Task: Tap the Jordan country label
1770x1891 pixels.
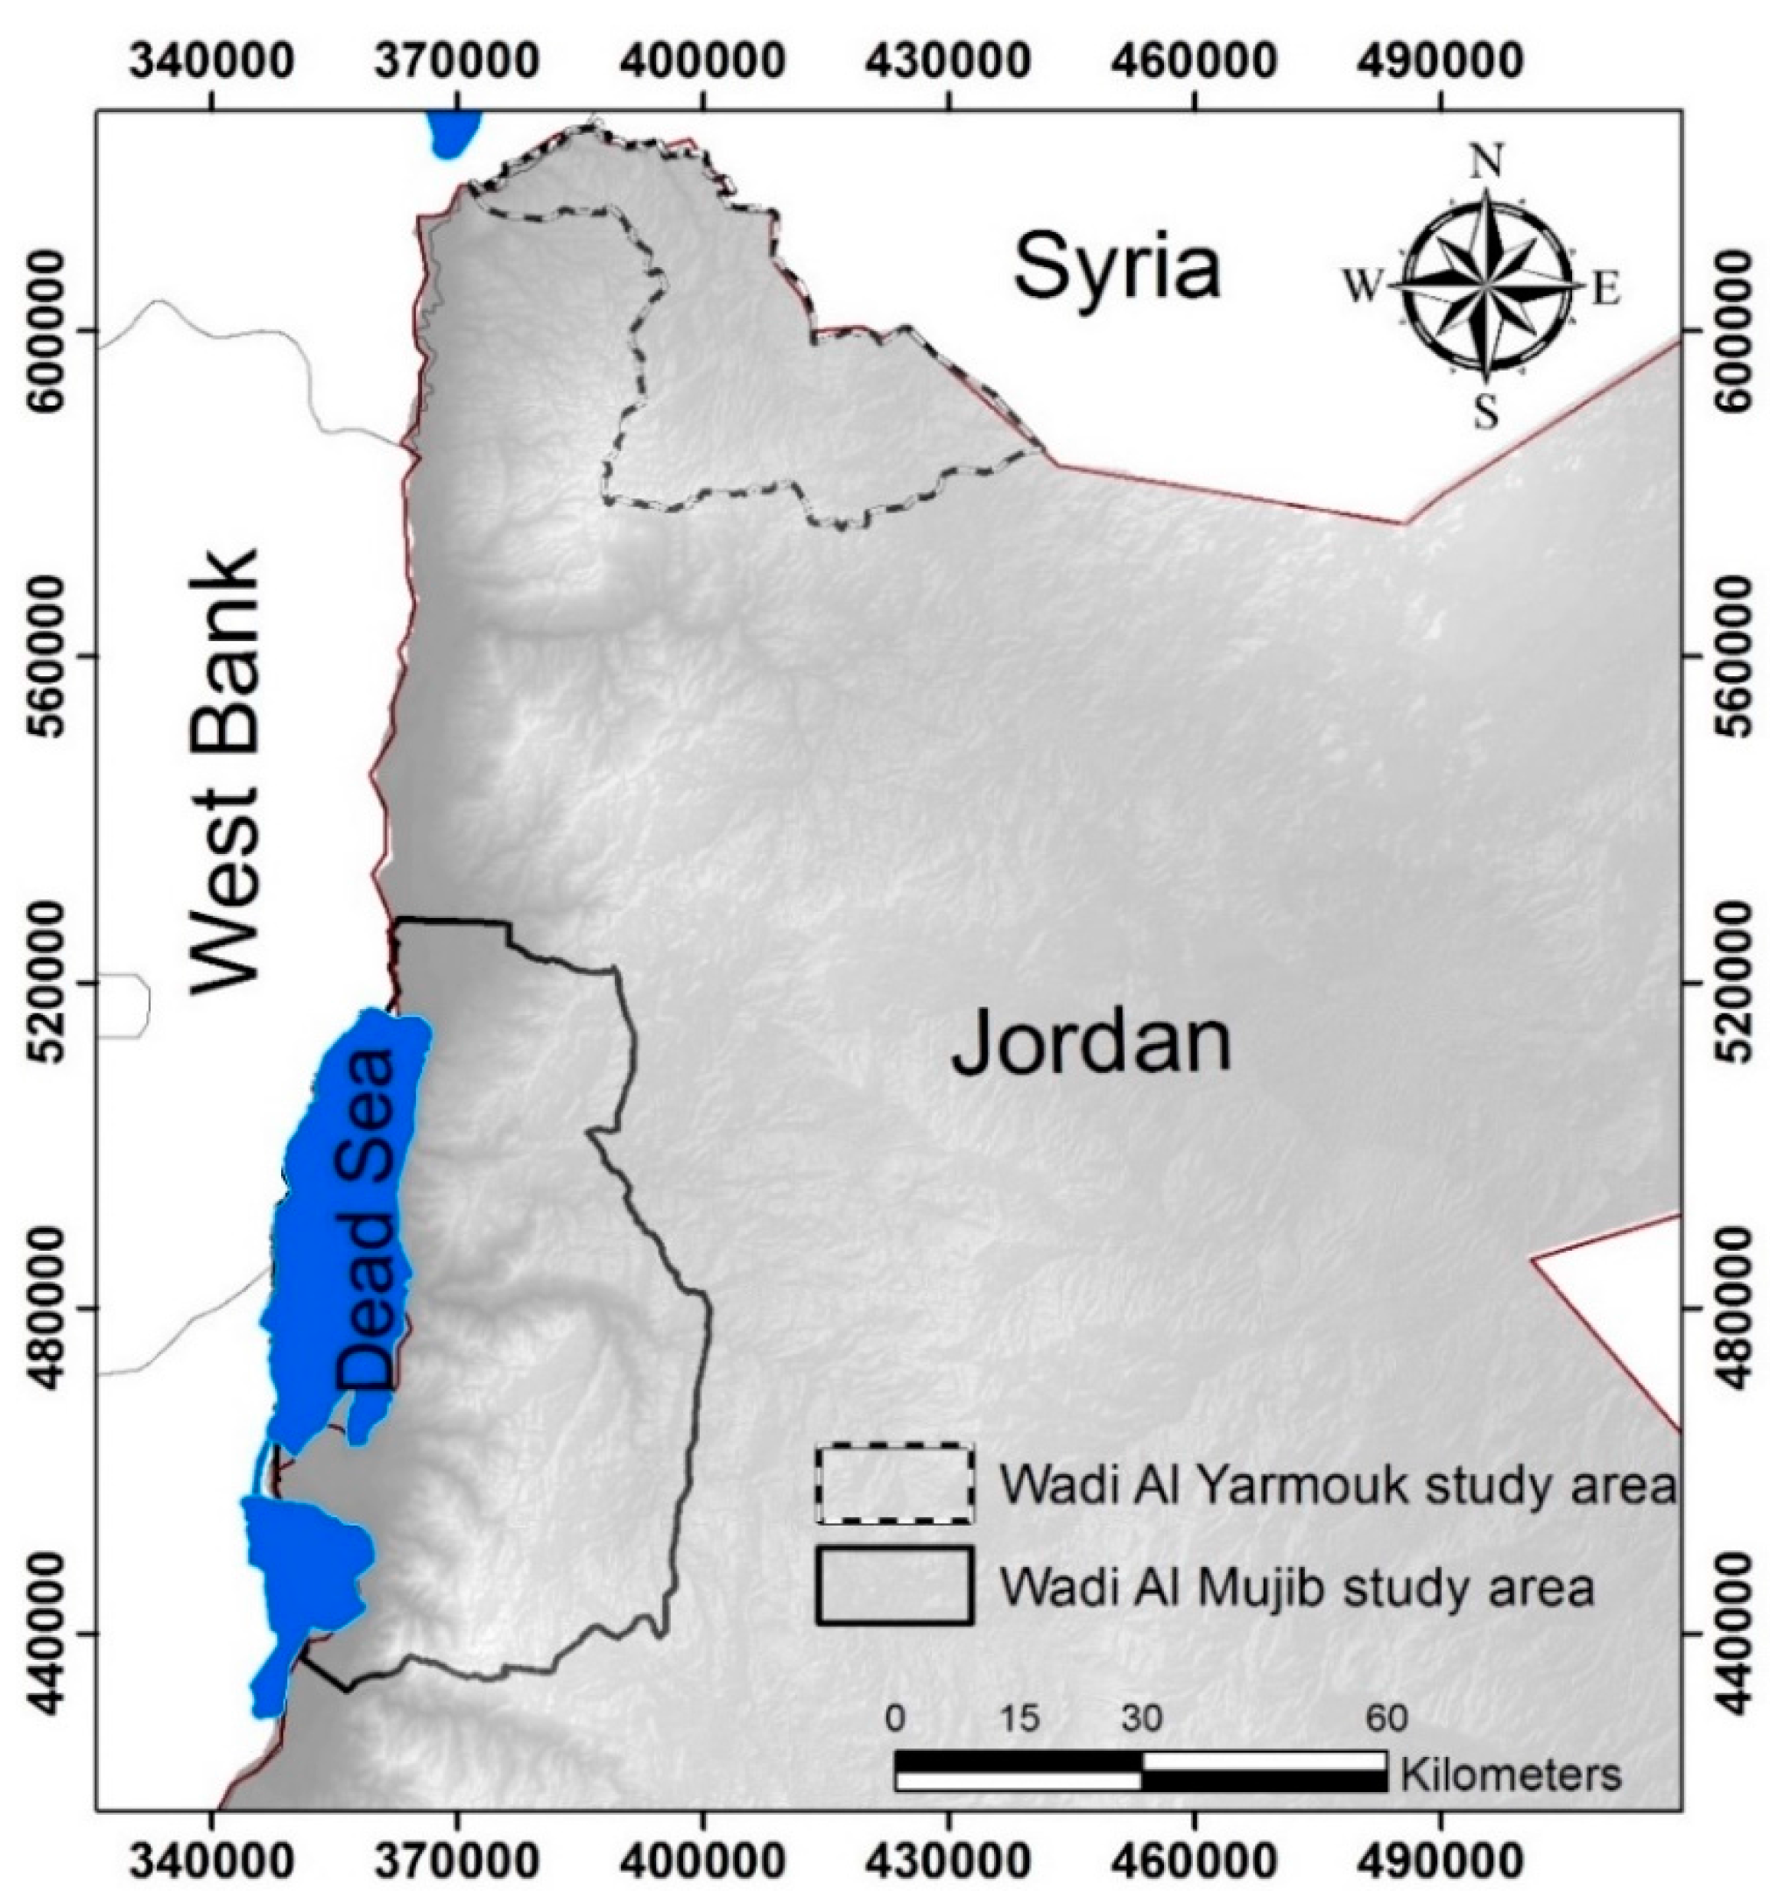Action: (1091, 1044)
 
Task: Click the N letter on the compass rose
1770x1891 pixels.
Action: (1486, 162)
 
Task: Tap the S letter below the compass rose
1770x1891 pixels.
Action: (1485, 413)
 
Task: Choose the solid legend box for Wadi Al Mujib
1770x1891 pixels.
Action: (893, 1584)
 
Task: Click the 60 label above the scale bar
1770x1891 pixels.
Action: (1386, 1718)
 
